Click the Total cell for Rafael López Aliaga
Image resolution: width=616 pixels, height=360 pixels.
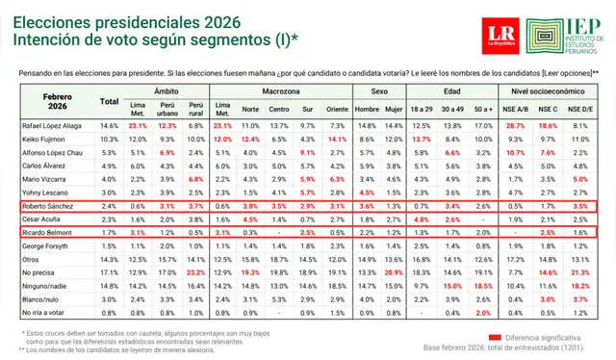pos(109,125)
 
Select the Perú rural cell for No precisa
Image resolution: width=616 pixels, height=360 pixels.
pos(197,272)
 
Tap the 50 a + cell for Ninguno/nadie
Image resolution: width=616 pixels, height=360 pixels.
pos(485,286)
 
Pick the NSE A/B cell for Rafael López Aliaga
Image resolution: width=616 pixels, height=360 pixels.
pos(514,125)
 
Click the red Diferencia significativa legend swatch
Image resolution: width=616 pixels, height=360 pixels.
pos(496,337)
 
